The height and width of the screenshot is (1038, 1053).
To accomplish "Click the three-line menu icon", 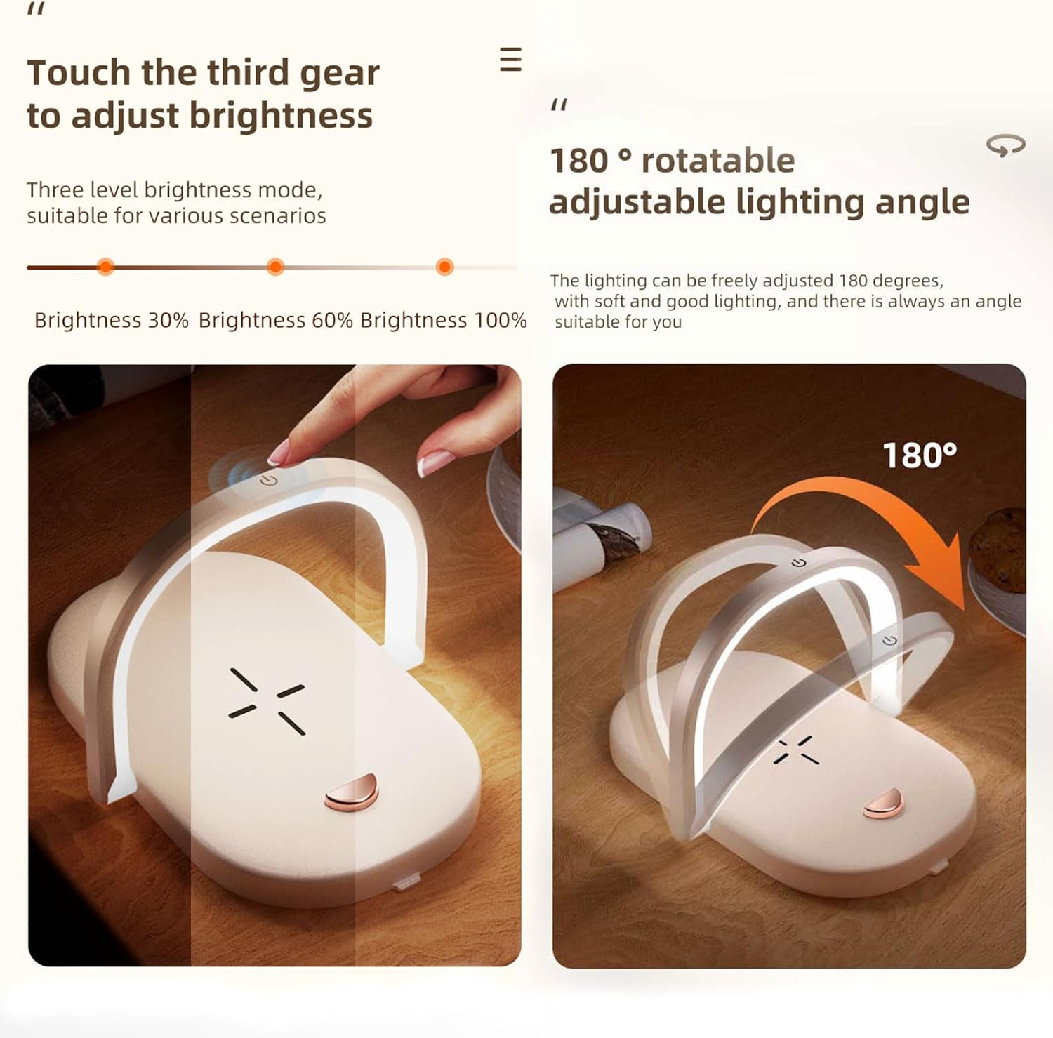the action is (x=510, y=60).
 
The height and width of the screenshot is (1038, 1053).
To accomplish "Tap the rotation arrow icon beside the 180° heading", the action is (x=1005, y=145).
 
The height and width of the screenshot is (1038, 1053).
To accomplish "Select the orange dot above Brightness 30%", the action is (x=105, y=267).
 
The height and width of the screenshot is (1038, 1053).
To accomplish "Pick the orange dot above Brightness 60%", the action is (x=276, y=267).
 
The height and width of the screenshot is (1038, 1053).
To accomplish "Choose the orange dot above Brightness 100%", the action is (x=444, y=267).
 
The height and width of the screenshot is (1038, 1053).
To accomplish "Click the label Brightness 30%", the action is (x=112, y=320).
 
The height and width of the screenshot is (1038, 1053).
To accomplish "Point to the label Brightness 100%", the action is (x=444, y=320).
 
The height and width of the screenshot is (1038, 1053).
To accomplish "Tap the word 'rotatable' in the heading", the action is (x=718, y=161).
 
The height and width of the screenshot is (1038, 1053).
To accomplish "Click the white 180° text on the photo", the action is (x=919, y=455).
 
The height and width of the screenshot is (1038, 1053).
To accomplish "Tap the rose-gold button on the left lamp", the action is (x=352, y=792).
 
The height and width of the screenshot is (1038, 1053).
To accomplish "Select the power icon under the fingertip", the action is (x=268, y=480).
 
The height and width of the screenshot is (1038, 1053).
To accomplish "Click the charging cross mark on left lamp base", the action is (x=267, y=701).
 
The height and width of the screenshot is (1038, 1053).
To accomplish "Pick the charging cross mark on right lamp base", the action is (x=797, y=750).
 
